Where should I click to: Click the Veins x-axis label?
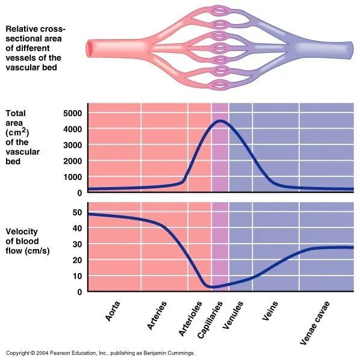pos(269,309)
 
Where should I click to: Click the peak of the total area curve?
pos(220,121)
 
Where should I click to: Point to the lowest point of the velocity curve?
pos(212,287)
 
